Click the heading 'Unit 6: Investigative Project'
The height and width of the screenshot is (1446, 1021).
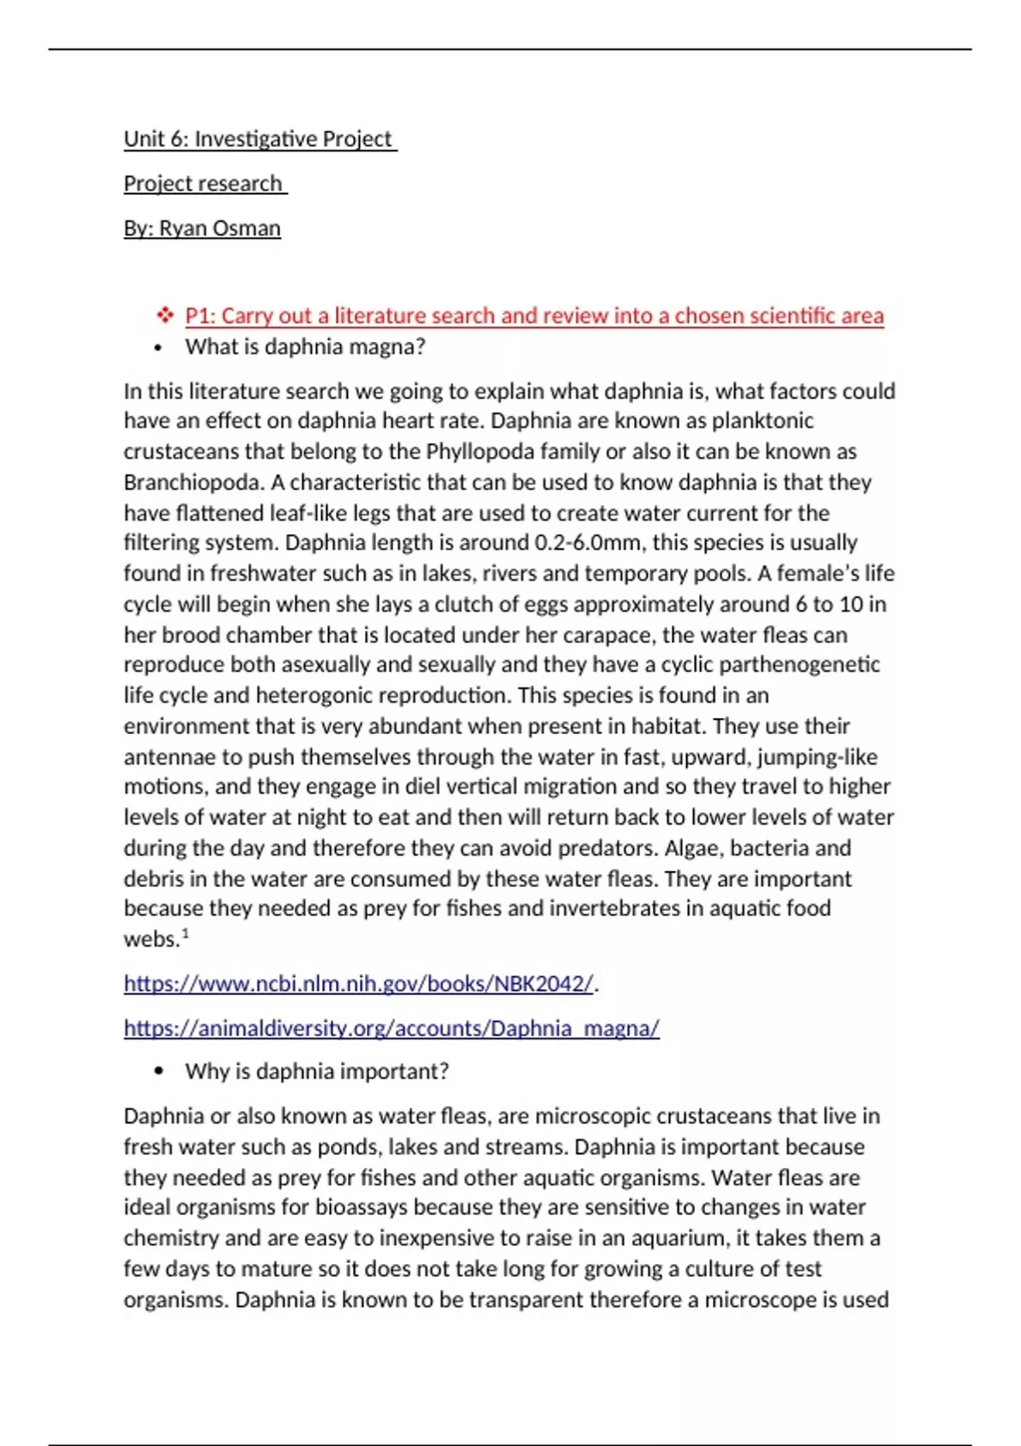(x=259, y=139)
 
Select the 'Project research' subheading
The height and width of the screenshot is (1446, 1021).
(x=203, y=184)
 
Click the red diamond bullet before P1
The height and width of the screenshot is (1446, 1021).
(x=164, y=316)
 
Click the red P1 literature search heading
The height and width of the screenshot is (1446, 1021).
(x=533, y=316)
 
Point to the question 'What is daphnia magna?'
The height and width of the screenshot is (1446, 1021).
(x=305, y=346)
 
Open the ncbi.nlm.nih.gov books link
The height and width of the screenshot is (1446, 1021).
(x=358, y=983)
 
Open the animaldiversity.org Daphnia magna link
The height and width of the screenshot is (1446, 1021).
(x=391, y=1028)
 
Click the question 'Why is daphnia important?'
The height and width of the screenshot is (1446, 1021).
(x=317, y=1071)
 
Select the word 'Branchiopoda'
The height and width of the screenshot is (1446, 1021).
(x=194, y=482)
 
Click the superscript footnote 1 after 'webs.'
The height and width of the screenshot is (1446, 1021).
(x=185, y=934)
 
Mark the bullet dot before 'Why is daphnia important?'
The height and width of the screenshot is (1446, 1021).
(x=158, y=1072)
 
